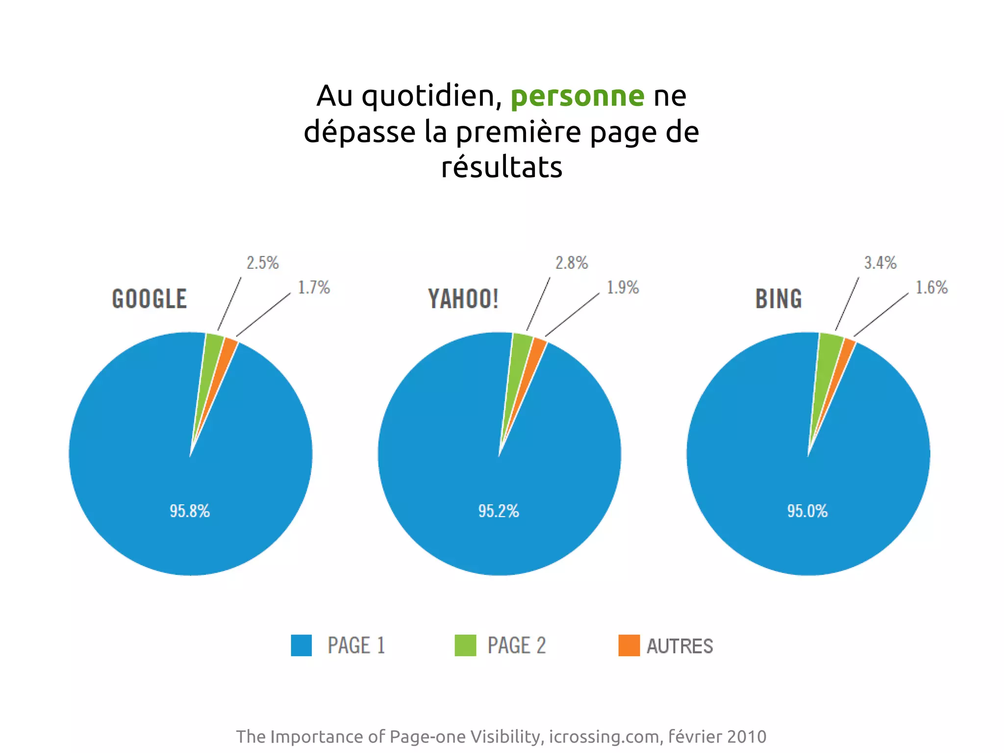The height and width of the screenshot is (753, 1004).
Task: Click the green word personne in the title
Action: click(577, 96)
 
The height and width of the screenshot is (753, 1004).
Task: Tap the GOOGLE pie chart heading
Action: click(150, 299)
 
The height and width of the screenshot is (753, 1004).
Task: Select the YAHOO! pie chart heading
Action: click(463, 299)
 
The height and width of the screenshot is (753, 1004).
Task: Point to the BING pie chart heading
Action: click(778, 299)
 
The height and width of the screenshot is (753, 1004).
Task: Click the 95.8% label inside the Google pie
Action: click(190, 511)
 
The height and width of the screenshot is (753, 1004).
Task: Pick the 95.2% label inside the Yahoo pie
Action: click(499, 511)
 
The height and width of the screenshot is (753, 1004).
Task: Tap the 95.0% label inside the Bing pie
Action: click(807, 511)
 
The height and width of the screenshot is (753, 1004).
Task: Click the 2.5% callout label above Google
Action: click(262, 263)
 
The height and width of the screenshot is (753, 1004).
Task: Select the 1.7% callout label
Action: click(314, 287)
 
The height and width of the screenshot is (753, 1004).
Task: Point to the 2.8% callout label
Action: click(571, 263)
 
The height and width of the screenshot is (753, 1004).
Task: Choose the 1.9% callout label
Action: click(623, 287)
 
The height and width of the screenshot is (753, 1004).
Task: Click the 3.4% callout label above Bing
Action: click(880, 263)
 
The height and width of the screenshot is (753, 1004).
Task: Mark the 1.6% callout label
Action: click(931, 287)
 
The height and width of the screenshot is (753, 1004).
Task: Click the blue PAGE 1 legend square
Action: click(301, 646)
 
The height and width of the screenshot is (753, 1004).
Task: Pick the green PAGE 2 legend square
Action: click(465, 646)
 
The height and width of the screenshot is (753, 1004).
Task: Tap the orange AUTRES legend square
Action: click(629, 646)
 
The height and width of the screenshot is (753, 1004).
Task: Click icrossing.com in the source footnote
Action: click(604, 736)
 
